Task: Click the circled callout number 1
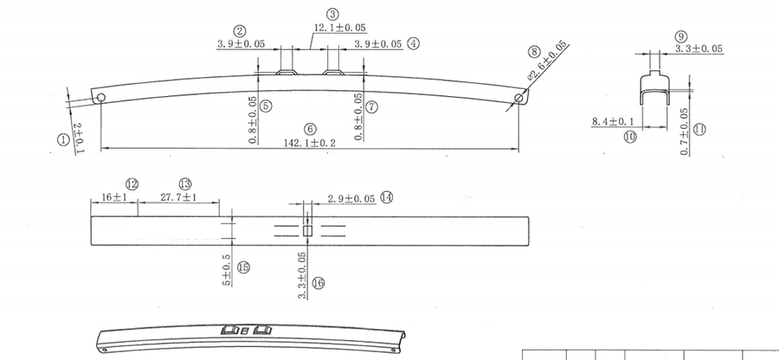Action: pyautogui.click(x=61, y=138)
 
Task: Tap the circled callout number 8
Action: pyautogui.click(x=533, y=52)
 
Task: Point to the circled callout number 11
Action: pyautogui.click(x=699, y=130)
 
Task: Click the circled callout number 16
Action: pyautogui.click(x=318, y=282)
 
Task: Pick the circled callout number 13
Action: pyautogui.click(x=184, y=183)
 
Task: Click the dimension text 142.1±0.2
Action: pyautogui.click(x=310, y=142)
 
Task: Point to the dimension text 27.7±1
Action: pyautogui.click(x=179, y=197)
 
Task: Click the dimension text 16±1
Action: pyautogui.click(x=114, y=197)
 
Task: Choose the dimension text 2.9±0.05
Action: pyautogui.click(x=351, y=198)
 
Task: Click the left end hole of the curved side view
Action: pyautogui.click(x=101, y=97)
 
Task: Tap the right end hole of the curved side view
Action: pyautogui.click(x=518, y=98)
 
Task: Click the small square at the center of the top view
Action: pyautogui.click(x=307, y=230)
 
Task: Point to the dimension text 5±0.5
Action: pyautogui.click(x=227, y=270)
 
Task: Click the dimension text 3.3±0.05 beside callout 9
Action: pyautogui.click(x=699, y=49)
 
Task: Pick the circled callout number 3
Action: pyautogui.click(x=332, y=14)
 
